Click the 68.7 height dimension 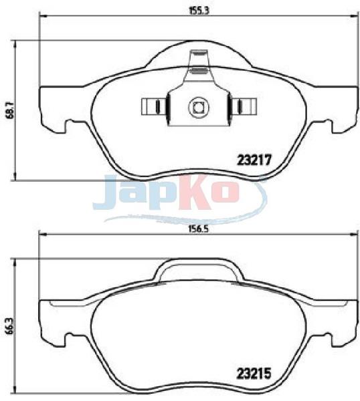coord(11,110)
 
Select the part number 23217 coord(254,160)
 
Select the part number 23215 coord(254,374)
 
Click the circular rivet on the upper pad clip coord(199,107)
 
